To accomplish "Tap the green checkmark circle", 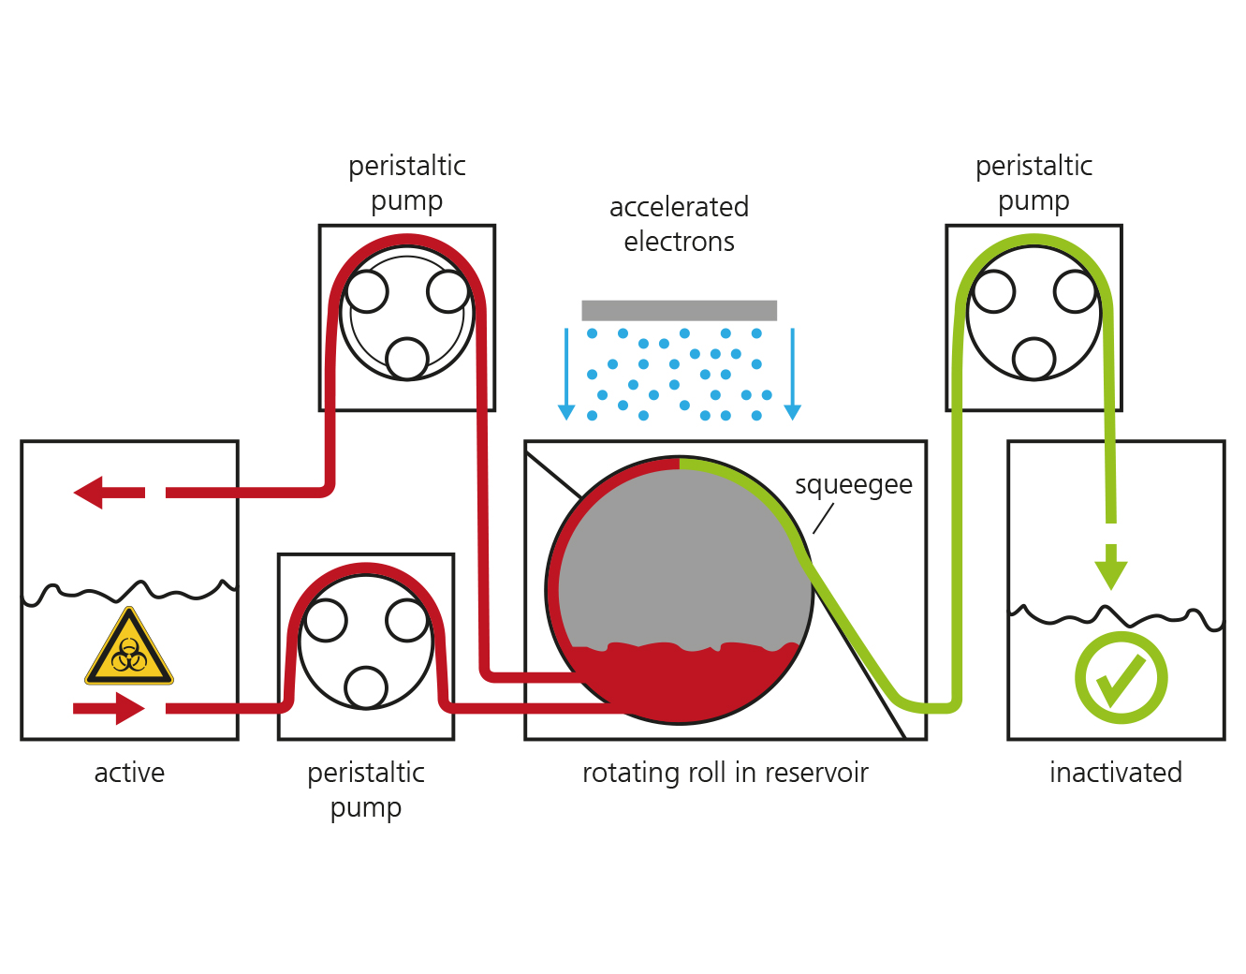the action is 1121,677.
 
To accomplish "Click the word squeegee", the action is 853,486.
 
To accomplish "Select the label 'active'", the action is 129,773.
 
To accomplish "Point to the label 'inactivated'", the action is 1116,772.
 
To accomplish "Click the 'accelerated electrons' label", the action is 679,224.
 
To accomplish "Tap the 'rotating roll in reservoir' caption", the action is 726,772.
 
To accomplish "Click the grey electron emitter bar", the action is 679,310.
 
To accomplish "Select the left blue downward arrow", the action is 566,374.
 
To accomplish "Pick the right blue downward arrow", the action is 792,374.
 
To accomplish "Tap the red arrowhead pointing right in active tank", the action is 130,708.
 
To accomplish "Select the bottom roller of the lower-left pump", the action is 366,687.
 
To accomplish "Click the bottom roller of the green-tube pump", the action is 1033,359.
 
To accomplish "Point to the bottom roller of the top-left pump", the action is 407,359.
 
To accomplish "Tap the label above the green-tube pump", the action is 1033,183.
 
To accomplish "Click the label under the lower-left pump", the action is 366,790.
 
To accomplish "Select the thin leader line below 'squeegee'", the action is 823,519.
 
